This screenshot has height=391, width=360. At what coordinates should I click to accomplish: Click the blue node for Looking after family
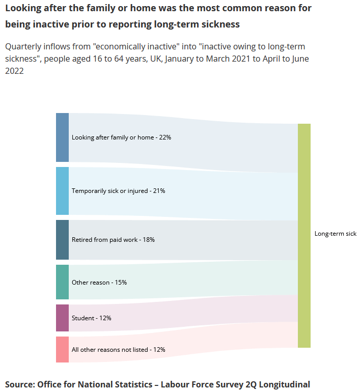pos(62,137)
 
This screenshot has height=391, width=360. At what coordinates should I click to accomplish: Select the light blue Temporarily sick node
pos(62,191)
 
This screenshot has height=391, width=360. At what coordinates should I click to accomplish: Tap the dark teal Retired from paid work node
pos(62,240)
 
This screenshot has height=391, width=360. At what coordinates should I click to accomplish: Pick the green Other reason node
pos(62,282)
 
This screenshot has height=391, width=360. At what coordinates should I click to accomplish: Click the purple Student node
pos(62,318)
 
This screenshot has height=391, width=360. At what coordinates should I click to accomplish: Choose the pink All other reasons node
pos(62,349)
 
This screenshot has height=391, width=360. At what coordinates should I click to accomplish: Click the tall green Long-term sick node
pos(304,236)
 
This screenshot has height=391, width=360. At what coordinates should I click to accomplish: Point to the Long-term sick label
pos(336,234)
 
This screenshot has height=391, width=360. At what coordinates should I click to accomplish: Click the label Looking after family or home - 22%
pos(121,137)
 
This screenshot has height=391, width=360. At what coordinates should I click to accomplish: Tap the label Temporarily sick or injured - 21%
pos(118,191)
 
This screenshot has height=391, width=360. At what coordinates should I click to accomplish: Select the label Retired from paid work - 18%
pos(113,240)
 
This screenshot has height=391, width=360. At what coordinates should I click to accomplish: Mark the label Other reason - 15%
pos(99,283)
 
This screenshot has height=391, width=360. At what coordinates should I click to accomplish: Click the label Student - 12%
pos(92,318)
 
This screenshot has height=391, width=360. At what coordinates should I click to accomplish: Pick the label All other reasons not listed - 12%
pos(118,350)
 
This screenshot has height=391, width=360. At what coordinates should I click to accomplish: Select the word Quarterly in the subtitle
pos(23,47)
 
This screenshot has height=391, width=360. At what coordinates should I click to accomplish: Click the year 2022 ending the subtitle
pos(15,71)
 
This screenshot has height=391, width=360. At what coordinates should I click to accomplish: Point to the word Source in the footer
pos(20,384)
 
